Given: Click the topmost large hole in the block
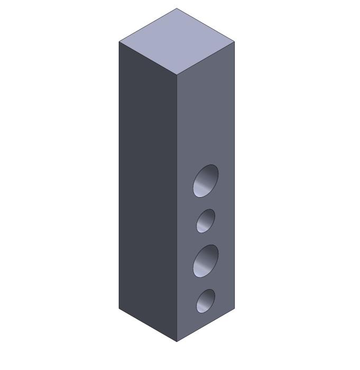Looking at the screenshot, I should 206,181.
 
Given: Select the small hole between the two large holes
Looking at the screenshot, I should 206,220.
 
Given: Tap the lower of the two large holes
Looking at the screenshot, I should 206,261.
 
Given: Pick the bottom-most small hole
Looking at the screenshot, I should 206,300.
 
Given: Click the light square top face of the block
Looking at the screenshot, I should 177,41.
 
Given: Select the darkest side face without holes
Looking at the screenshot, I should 147,190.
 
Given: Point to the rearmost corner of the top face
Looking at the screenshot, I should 177,8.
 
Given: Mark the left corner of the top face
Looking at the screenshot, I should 119,42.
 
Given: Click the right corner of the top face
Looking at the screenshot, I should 235,41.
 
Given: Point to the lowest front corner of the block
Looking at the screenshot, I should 177,341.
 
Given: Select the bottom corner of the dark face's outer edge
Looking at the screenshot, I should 119,308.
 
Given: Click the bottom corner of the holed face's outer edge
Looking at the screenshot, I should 235,308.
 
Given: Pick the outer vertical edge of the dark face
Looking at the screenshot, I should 119,174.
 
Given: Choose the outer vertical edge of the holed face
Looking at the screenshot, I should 235,174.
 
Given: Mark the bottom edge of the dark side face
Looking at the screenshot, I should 147,325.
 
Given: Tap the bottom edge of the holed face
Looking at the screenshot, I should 206,325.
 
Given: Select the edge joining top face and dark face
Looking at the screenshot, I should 147,58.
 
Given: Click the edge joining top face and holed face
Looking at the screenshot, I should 206,58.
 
